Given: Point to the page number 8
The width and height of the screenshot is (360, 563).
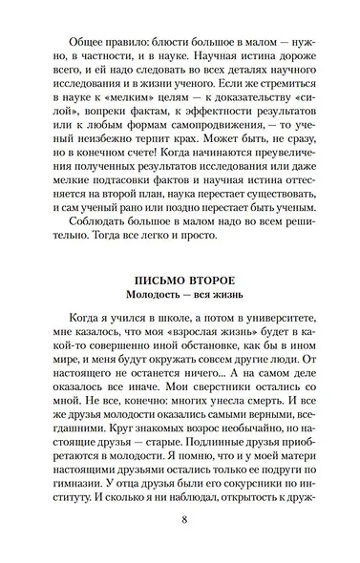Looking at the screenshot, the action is click(180, 521).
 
